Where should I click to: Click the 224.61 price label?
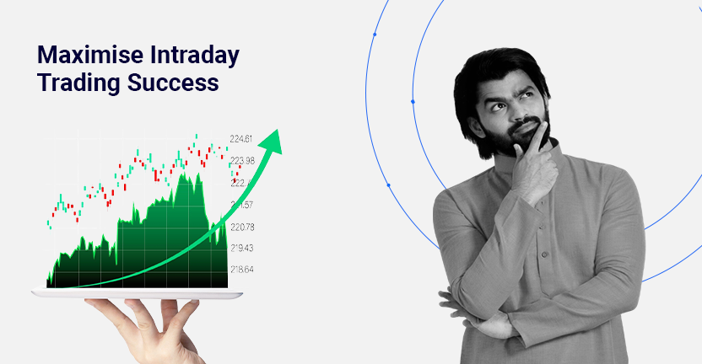tap(241, 139)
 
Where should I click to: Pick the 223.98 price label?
tap(242, 161)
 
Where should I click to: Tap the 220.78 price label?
tap(242, 227)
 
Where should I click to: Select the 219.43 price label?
tap(242, 248)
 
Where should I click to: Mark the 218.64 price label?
tap(242, 270)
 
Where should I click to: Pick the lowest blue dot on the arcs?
tap(388, 185)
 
